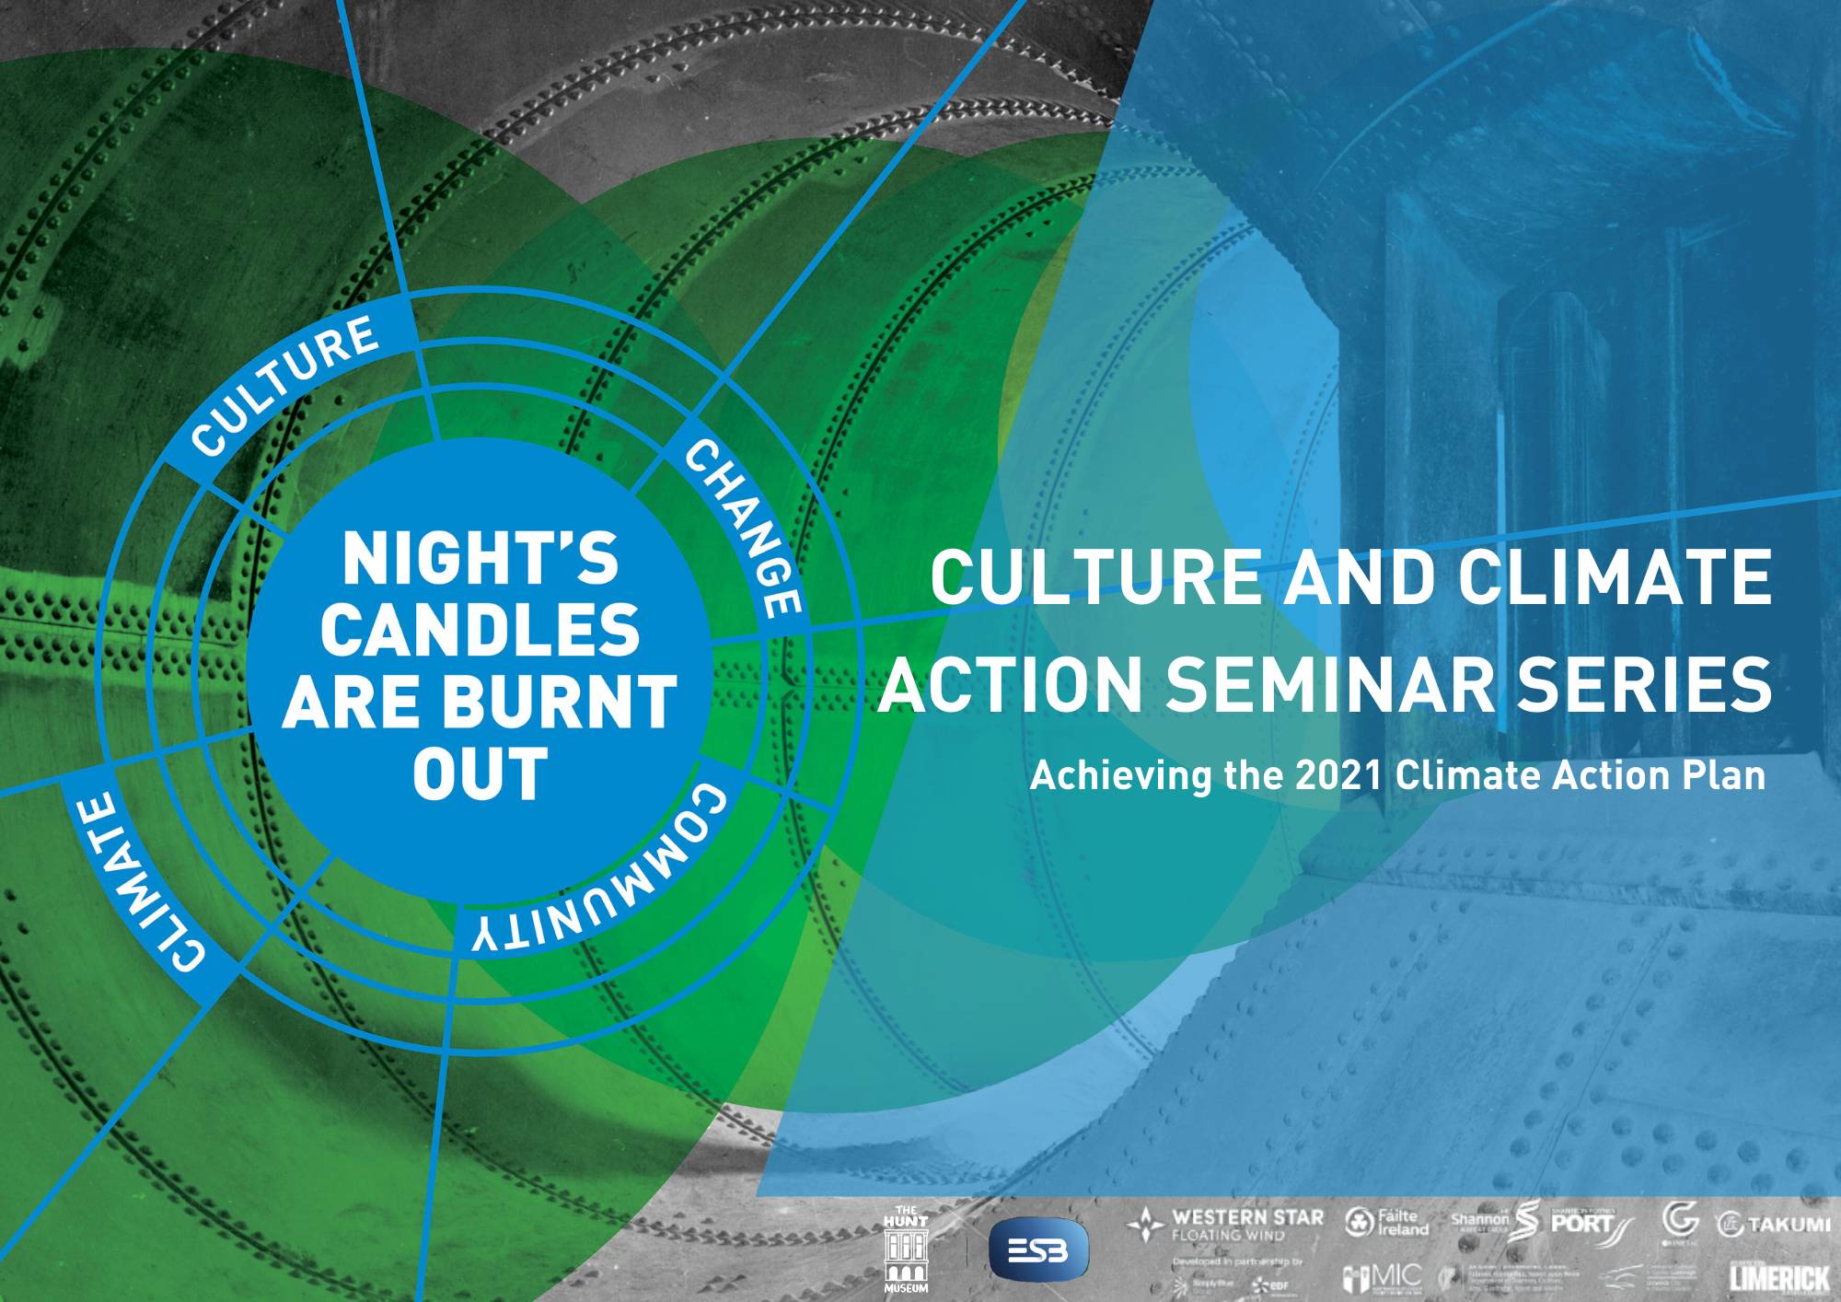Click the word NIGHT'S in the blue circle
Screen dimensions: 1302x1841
point(480,559)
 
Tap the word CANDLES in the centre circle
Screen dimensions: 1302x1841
point(480,631)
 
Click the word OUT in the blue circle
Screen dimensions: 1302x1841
point(480,775)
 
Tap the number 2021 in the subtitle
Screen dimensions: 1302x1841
point(1337,775)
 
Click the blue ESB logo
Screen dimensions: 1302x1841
point(1037,1250)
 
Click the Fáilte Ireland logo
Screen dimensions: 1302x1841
point(1387,1223)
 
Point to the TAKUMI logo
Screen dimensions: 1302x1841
point(1774,1225)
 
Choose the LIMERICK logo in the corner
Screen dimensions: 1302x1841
point(1778,1278)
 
